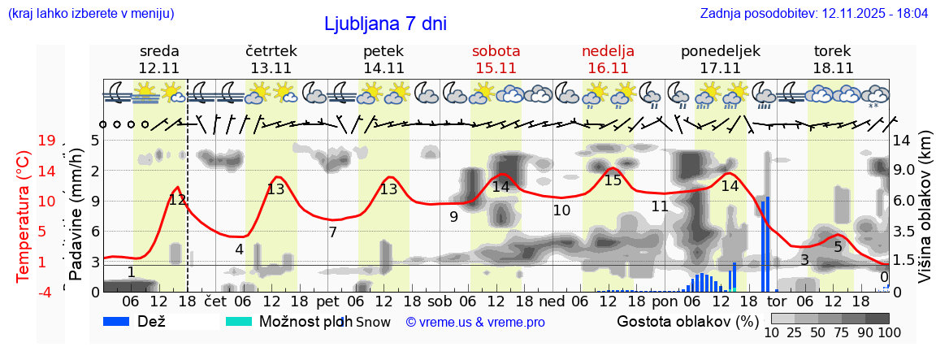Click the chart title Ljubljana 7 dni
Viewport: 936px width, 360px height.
tap(385, 24)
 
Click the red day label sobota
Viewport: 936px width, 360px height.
tap(496, 51)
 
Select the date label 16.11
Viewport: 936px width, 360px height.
tap(608, 68)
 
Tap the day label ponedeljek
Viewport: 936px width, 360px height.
tap(720, 51)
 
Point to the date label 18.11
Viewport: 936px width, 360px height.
tap(833, 68)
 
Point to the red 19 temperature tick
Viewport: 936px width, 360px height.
tap(46, 141)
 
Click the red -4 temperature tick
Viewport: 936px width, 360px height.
tap(46, 291)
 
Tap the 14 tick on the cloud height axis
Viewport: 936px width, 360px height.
tap(901, 141)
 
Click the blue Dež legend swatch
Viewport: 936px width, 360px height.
tap(122, 322)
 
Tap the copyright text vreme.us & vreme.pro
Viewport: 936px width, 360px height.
tap(475, 323)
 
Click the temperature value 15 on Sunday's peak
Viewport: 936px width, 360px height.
tap(613, 180)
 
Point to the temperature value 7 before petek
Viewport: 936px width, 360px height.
tap(332, 232)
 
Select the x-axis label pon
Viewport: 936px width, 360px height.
tap(665, 301)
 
